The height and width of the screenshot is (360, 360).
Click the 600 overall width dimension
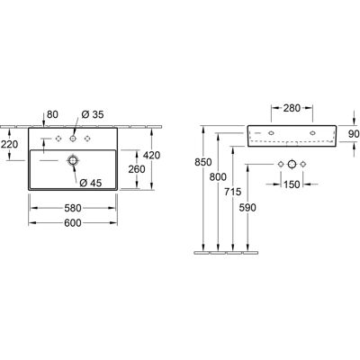click(73, 223)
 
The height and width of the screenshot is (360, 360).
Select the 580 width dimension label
click(73, 208)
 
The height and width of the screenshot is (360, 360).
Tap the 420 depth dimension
click(151, 155)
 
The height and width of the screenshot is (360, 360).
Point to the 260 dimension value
click(137, 169)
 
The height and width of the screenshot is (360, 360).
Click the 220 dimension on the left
click(9, 144)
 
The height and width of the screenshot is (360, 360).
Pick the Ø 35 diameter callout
click(93, 114)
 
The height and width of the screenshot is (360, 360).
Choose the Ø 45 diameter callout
click(91, 183)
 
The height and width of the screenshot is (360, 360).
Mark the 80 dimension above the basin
click(52, 114)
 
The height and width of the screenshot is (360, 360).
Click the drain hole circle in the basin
click(73, 160)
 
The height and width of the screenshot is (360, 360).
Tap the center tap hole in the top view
click(73, 139)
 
